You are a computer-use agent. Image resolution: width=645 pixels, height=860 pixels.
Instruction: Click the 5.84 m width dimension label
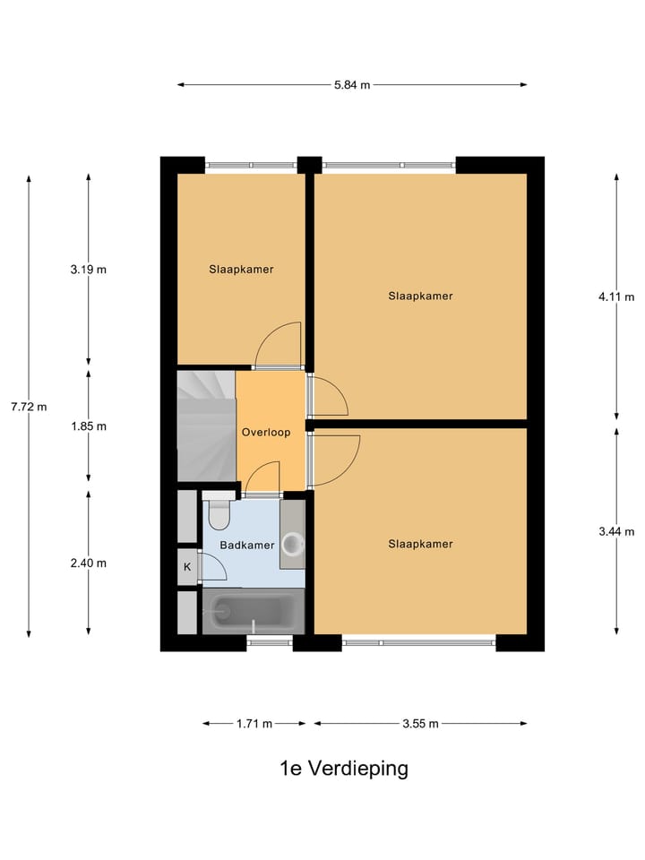(352, 85)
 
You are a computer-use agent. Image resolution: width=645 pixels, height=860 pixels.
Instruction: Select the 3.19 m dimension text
(88, 270)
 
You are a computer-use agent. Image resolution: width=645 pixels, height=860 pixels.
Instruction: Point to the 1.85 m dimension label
(88, 426)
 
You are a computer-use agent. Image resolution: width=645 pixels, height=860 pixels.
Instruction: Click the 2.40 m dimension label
(88, 563)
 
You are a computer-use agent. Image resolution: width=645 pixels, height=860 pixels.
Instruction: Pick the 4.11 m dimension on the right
(616, 297)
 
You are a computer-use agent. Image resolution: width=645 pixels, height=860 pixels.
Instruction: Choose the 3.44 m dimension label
(616, 532)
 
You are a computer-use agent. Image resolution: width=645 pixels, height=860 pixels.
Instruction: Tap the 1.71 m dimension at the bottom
(254, 724)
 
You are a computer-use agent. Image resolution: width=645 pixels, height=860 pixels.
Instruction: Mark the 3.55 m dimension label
(420, 724)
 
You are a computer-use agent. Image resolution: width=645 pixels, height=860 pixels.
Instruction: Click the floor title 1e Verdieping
(343, 769)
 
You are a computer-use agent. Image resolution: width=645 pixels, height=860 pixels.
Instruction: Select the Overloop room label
(266, 433)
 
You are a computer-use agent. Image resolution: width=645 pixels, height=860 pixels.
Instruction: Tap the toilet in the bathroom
(219, 514)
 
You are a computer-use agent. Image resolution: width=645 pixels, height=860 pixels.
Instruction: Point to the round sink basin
(292, 543)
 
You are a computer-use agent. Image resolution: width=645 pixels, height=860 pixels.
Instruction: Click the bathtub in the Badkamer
(254, 612)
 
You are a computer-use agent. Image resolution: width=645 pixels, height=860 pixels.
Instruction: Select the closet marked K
(187, 567)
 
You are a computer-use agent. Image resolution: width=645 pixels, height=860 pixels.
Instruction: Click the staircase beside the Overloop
(205, 427)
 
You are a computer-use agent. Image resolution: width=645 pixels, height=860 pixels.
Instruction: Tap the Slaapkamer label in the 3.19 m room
(241, 269)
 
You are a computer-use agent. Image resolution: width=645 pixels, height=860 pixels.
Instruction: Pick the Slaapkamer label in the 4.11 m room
(420, 296)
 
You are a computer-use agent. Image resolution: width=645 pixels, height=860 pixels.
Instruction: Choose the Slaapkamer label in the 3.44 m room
(420, 544)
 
